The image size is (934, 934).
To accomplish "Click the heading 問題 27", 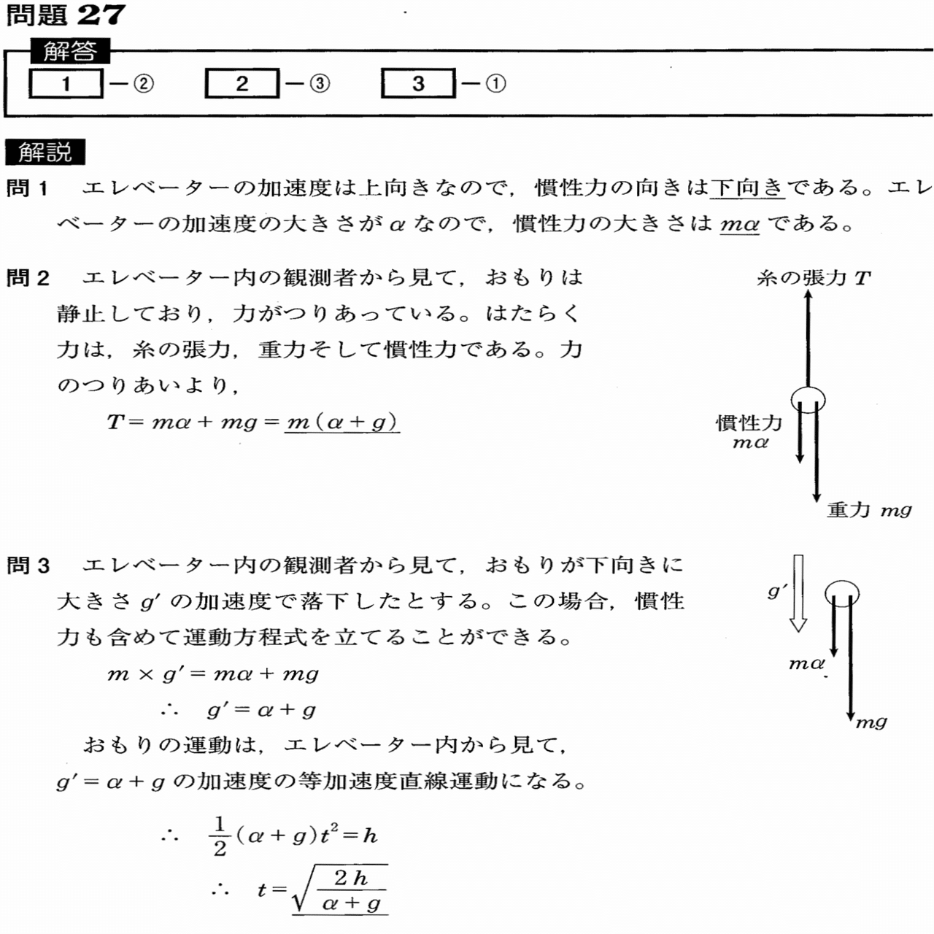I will [66, 15].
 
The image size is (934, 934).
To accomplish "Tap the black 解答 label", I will [69, 51].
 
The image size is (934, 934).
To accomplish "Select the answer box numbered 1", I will [66, 83].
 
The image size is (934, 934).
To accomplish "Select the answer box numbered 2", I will [242, 83].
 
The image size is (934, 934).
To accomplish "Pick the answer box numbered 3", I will [418, 83].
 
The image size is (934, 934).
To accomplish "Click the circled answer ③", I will [320, 84].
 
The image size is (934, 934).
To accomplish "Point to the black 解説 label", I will [45, 152].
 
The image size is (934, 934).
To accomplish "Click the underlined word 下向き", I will [747, 188].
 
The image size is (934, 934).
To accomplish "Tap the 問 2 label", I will [28, 278].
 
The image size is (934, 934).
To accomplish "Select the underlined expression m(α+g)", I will [341, 422].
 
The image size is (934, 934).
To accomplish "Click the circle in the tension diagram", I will [808, 399].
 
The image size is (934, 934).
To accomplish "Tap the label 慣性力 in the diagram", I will [749, 422].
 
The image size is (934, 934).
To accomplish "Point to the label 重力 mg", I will [869, 510].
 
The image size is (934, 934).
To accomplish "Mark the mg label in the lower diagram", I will [871, 722].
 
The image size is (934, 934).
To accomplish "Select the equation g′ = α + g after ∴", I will [261, 709].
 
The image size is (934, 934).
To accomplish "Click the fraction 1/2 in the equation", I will [220, 836].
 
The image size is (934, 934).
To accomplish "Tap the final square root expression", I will [339, 890].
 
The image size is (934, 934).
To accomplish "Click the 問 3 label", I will [28, 566].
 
